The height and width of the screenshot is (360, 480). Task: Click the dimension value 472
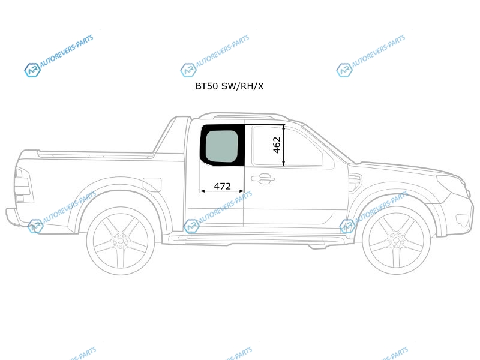[x=222, y=186]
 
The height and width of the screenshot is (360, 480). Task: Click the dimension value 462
[x=277, y=145]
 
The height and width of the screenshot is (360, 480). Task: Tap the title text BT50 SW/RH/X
[x=229, y=86]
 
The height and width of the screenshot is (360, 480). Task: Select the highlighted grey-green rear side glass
[x=221, y=146]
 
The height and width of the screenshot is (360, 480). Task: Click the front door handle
[x=263, y=179]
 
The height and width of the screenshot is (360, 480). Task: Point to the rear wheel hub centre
[x=121, y=241]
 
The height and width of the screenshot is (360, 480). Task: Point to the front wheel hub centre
[x=396, y=241]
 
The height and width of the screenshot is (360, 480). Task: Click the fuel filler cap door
[x=152, y=185]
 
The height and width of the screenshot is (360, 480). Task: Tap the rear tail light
[x=23, y=185]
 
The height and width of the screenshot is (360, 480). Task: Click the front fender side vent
[x=355, y=183]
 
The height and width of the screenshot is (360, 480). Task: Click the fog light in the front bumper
[x=462, y=220]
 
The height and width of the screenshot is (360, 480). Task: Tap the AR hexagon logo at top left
[x=32, y=70]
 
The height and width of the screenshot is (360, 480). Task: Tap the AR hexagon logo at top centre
[x=188, y=70]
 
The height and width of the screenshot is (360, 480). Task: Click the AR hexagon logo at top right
[x=344, y=70]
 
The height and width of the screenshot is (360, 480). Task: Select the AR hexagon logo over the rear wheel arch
[x=35, y=226]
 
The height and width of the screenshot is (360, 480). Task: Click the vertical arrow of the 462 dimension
[x=284, y=145]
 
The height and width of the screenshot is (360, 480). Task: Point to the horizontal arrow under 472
[x=222, y=191]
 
